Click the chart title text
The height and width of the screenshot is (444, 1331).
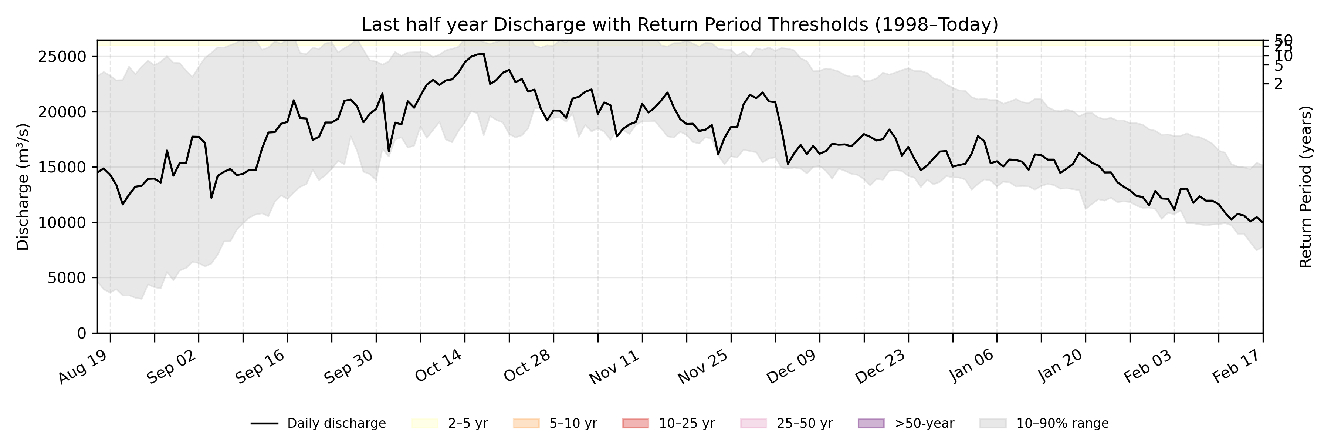click(680, 24)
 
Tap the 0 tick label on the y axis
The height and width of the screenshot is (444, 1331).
click(82, 333)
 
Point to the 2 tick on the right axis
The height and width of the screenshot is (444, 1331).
click(1278, 84)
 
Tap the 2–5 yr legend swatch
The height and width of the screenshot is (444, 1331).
click(425, 423)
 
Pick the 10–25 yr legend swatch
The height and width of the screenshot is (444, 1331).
click(636, 423)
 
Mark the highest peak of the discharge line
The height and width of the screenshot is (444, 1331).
click(483, 54)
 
